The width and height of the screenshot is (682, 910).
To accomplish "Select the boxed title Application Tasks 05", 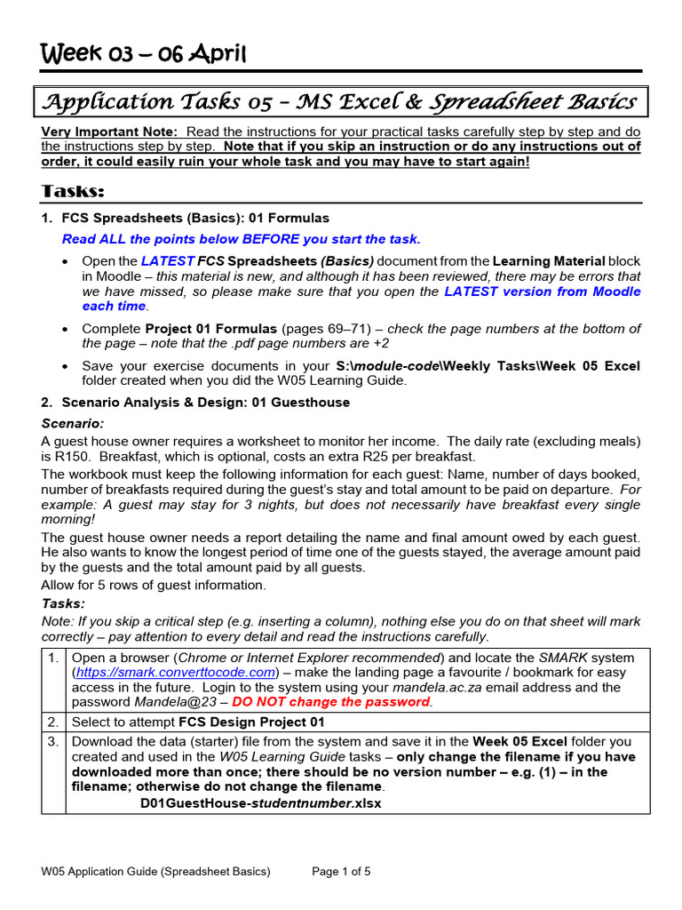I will point(340,102).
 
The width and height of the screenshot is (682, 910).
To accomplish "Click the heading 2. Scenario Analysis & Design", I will point(195,403).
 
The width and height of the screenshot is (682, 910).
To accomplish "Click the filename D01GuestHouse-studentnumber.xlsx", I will point(261,803).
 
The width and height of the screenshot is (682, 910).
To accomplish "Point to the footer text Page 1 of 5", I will point(342,872).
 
